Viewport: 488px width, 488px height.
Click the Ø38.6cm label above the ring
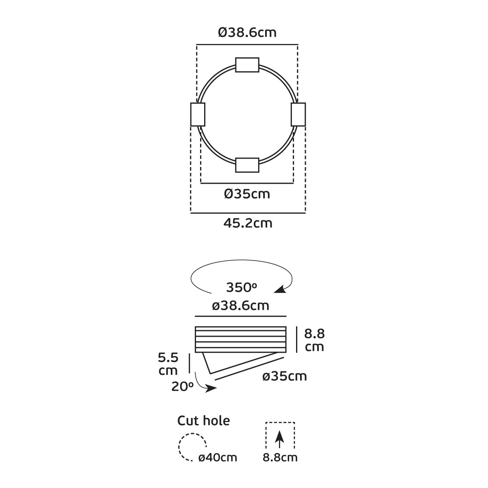[247, 33]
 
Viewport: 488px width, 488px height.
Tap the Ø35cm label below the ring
[247, 194]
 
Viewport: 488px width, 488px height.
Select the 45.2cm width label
[248, 223]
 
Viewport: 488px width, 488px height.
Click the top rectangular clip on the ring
[247, 65]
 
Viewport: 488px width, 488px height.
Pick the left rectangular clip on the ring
[198, 114]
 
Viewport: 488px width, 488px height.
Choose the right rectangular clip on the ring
[298, 114]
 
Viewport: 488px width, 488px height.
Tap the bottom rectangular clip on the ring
[247, 165]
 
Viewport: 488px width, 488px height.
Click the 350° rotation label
[242, 288]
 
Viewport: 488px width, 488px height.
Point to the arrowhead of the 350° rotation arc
[280, 289]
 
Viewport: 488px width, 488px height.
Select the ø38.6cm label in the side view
[241, 306]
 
